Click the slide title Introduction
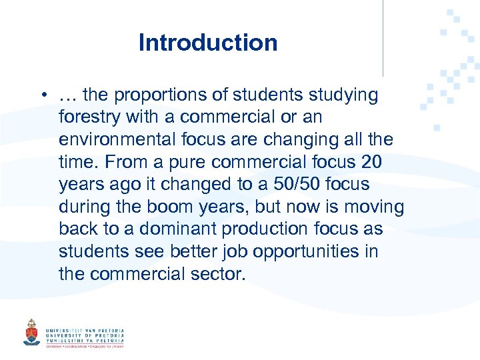click(x=208, y=43)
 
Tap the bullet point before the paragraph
click(x=42, y=95)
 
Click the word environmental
click(x=121, y=140)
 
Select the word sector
click(x=213, y=273)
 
